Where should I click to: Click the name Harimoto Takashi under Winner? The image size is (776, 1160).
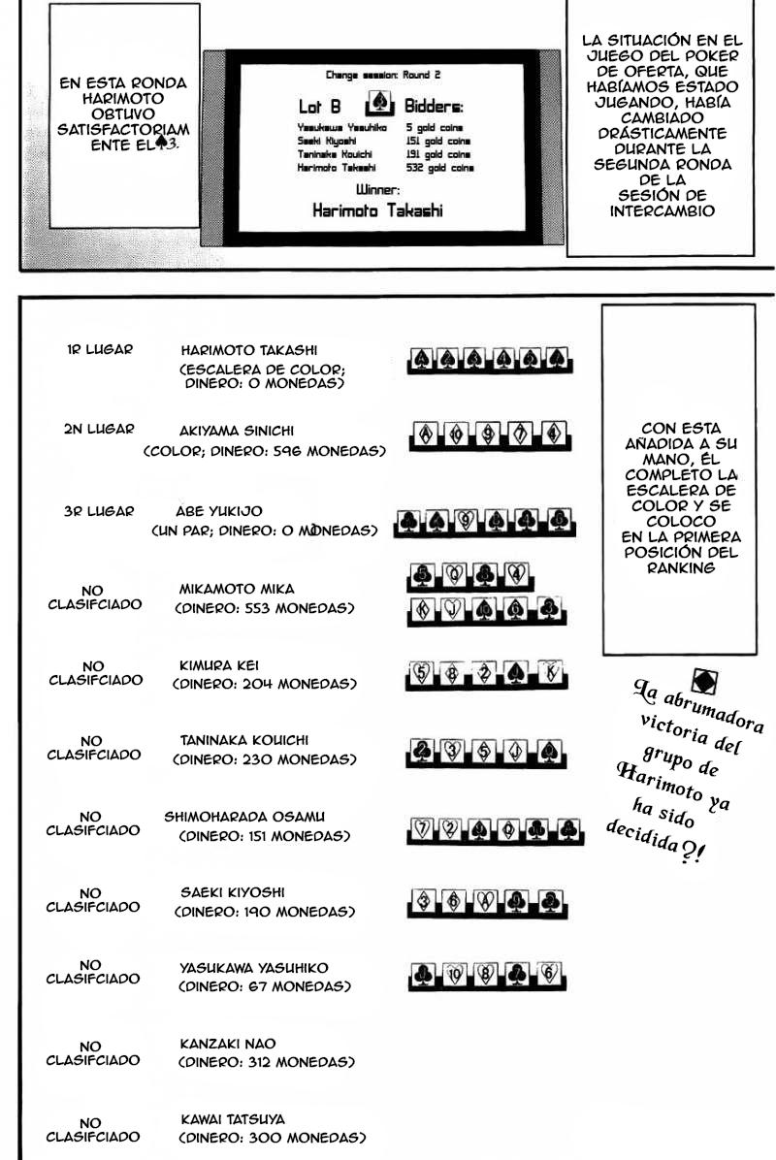377,210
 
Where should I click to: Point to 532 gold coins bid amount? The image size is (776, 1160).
439,167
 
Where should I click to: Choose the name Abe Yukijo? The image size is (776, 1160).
219,511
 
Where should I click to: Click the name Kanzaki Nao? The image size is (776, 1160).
228,1044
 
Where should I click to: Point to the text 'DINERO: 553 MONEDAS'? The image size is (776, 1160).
264,608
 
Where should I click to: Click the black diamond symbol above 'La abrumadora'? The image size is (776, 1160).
705,681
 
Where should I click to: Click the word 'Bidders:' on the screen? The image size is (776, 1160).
434,107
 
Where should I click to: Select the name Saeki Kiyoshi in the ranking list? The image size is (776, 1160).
233,892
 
